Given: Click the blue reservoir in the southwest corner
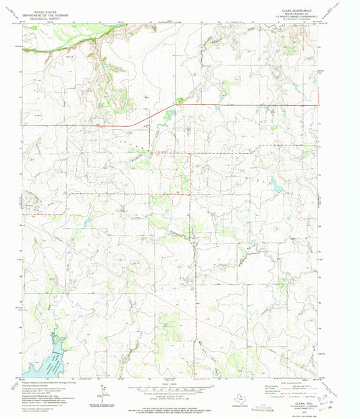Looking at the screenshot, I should click(x=47, y=361).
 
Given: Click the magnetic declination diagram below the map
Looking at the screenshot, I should click(x=100, y=391).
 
